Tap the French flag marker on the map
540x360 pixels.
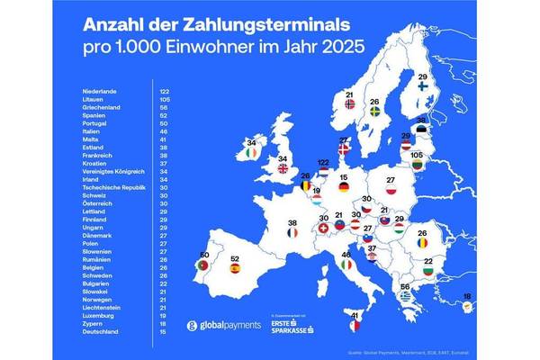(x=292, y=232)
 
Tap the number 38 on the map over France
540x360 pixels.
(x=292, y=220)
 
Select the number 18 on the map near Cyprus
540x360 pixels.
(x=491, y=296)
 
